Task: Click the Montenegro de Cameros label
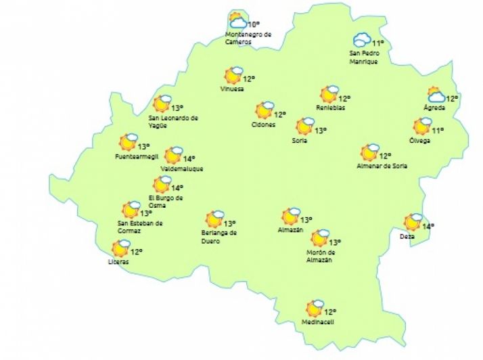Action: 248,38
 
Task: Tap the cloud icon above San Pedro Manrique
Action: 362,40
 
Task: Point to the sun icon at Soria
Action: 304,126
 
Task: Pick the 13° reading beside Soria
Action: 320,131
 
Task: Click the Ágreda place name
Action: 434,108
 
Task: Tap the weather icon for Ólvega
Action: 423,126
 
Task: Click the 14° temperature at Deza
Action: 428,226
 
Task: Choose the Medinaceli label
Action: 318,322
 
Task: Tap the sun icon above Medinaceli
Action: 314,309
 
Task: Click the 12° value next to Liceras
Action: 137,252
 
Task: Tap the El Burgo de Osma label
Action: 166,201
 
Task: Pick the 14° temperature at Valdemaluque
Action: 189,159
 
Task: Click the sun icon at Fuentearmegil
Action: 127,142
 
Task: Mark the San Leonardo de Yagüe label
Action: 173,120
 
